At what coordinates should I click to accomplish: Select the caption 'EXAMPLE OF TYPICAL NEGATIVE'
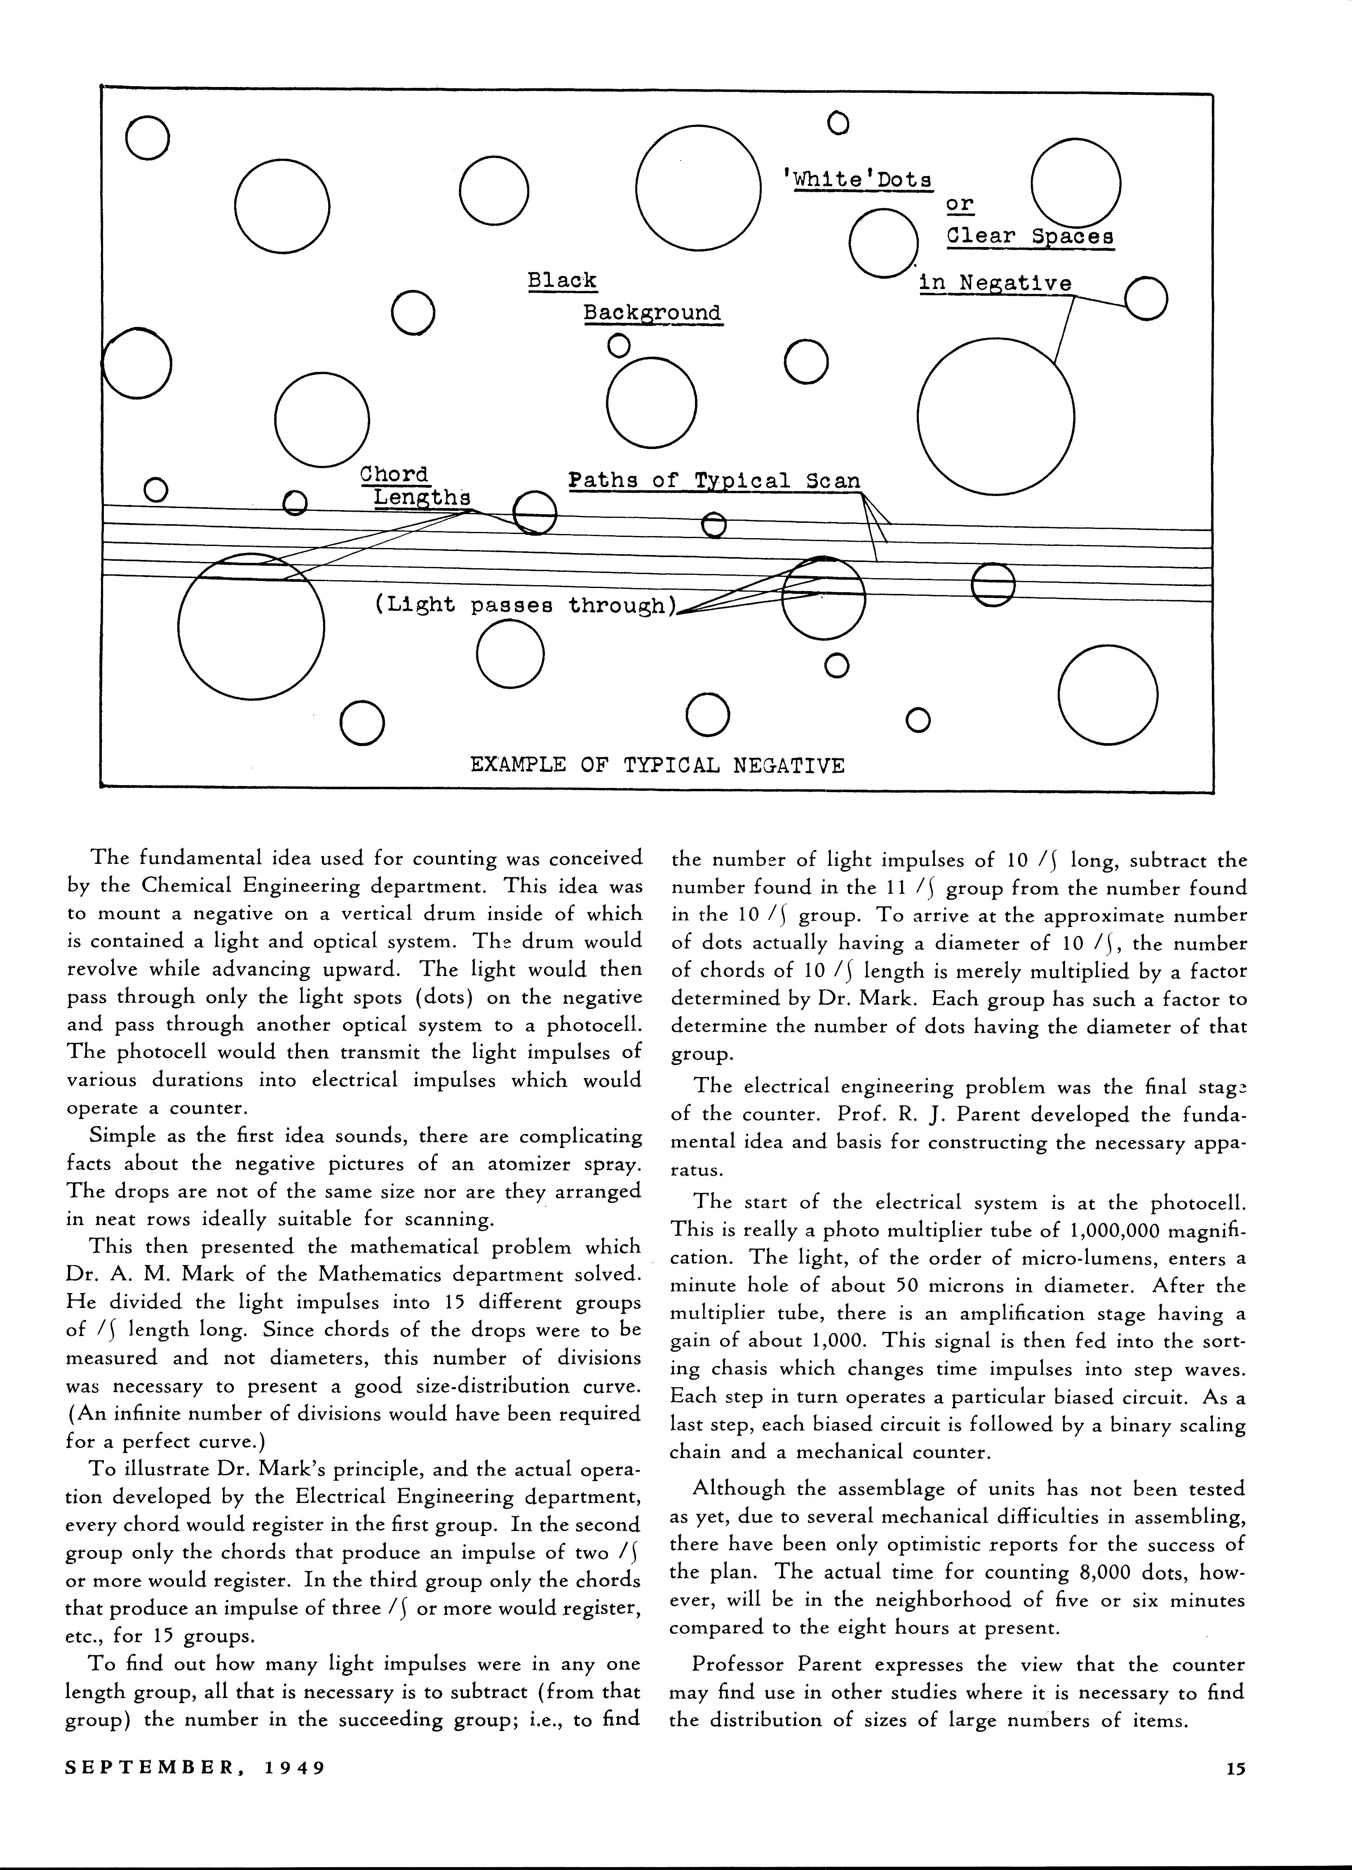(x=657, y=765)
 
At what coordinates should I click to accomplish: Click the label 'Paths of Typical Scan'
(x=714, y=481)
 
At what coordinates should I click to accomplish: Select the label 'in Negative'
(x=995, y=283)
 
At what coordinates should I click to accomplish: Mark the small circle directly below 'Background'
(x=617, y=345)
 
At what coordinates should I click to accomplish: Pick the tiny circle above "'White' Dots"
(x=838, y=124)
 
